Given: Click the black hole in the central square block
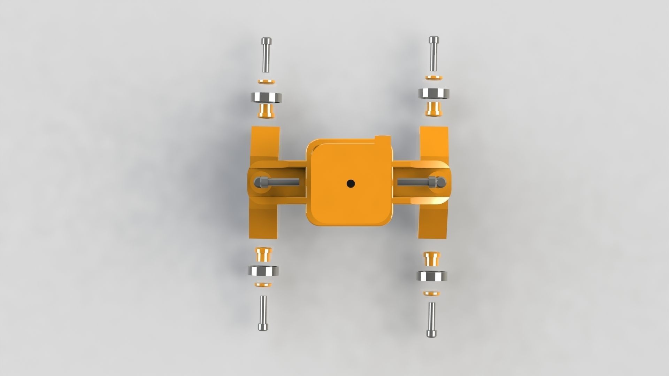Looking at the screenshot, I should point(350,183).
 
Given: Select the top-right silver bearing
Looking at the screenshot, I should point(433,93).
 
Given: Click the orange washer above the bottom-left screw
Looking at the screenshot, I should point(263,285).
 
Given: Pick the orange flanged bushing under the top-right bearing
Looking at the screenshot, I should point(433,109).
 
